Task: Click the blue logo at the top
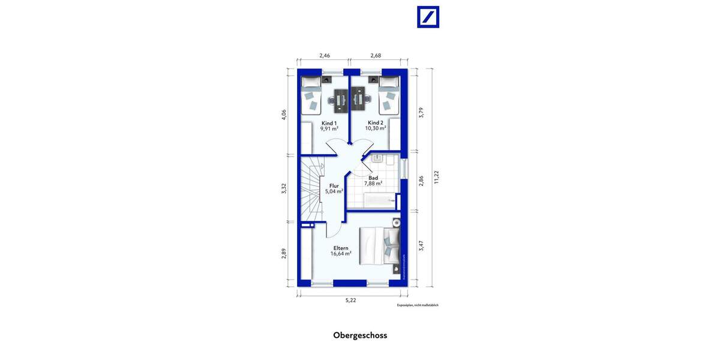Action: tap(428, 17)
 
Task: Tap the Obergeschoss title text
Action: tap(360, 335)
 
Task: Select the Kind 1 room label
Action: tap(328, 122)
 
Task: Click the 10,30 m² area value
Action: tap(376, 128)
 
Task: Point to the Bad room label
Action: tap(373, 178)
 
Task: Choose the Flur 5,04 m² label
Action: tap(334, 188)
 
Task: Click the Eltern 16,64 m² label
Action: tap(340, 250)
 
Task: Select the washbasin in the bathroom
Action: tap(378, 159)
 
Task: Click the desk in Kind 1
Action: tap(340, 100)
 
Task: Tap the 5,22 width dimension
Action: tap(351, 300)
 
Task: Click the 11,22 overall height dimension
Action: tap(437, 176)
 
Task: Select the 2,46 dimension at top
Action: tap(324, 55)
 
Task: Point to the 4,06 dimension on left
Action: tap(284, 114)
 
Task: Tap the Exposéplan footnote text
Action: tap(418, 305)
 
